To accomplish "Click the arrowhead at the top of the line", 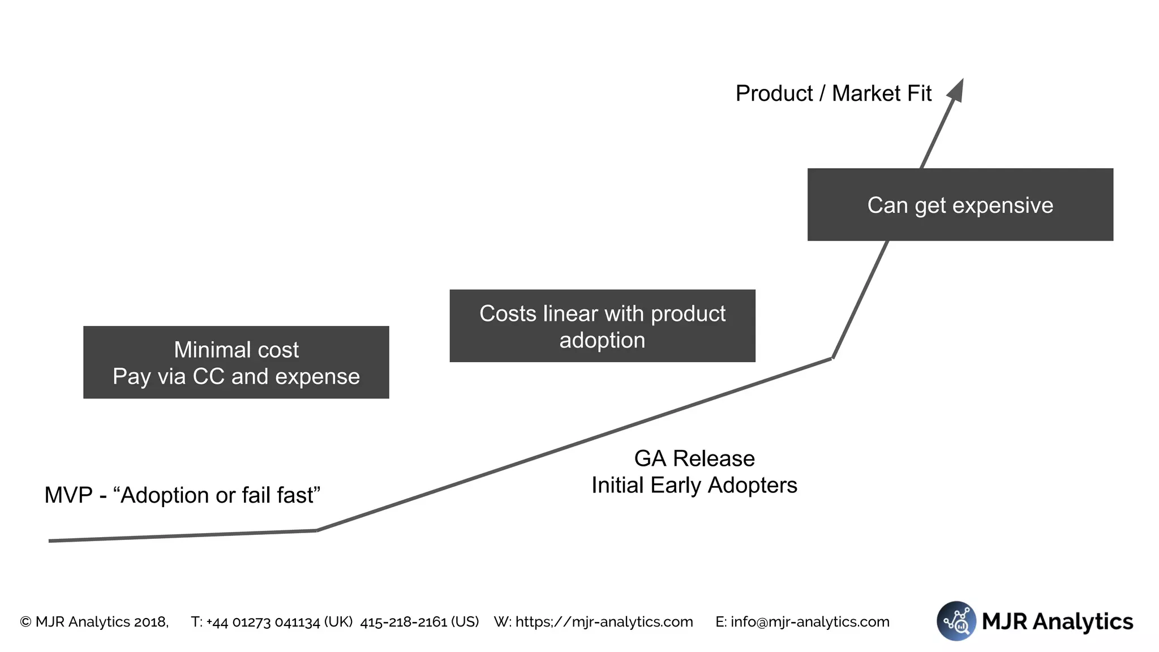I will pyautogui.click(x=956, y=91).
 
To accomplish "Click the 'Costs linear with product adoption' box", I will pyautogui.click(x=602, y=326).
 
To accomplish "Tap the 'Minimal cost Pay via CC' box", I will pyautogui.click(x=236, y=362).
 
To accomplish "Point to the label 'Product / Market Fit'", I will pyautogui.click(x=833, y=93).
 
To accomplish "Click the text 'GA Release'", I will pyautogui.click(x=694, y=458).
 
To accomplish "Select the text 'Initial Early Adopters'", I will pyautogui.click(x=694, y=485).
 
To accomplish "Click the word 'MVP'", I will pyautogui.click(x=68, y=495).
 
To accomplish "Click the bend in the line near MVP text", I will pyautogui.click(x=317, y=530).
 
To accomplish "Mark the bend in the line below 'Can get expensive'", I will pyautogui.click(x=832, y=358).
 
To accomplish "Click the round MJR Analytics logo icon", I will pyautogui.click(x=956, y=621).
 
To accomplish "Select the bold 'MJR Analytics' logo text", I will pyautogui.click(x=1057, y=621).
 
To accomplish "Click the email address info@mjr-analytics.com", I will pyautogui.click(x=810, y=622).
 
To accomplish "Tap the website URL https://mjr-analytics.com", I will pyautogui.click(x=604, y=622).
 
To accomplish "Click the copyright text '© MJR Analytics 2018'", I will pyautogui.click(x=94, y=622).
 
